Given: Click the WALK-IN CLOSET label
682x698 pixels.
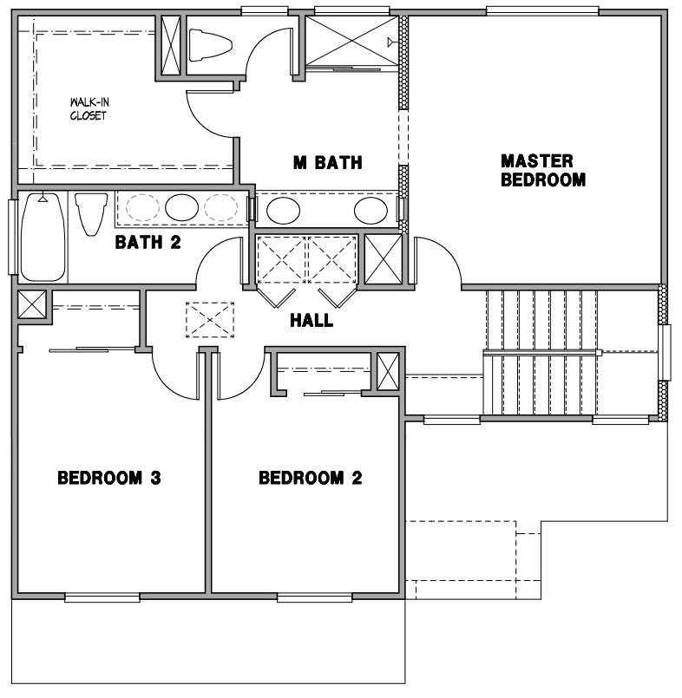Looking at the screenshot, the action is (x=89, y=109).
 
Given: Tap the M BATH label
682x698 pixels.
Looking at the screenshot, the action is (x=327, y=162).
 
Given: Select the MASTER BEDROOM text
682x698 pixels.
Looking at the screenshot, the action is (x=543, y=171).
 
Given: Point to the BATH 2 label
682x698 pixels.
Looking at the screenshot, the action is (x=148, y=242).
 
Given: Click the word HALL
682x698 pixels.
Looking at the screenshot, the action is (x=311, y=321).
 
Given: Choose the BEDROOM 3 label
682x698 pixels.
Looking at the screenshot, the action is (x=109, y=478).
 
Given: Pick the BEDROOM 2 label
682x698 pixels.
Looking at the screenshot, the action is (x=311, y=478).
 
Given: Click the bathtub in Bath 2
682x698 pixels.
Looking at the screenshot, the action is (x=43, y=237).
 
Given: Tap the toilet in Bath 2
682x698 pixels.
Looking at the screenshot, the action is (x=91, y=213).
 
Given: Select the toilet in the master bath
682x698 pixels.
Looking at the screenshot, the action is (x=210, y=45).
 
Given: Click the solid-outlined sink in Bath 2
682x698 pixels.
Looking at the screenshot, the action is (x=181, y=207).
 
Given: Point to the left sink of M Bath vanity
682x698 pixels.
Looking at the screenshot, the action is (x=283, y=211).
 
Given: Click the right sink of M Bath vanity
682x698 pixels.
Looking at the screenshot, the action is (x=371, y=211).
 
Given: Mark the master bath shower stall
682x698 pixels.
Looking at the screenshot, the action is (x=352, y=42).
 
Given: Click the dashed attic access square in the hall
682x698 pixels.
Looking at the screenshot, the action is (x=210, y=320).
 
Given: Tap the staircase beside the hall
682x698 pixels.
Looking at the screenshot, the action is (x=541, y=353).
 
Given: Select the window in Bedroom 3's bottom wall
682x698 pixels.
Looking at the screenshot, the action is (x=102, y=597).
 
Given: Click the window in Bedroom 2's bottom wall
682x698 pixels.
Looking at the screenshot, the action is (x=315, y=597).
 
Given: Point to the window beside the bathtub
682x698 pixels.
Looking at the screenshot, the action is (x=13, y=237).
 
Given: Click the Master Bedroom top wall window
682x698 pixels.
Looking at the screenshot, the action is (x=542, y=11).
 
